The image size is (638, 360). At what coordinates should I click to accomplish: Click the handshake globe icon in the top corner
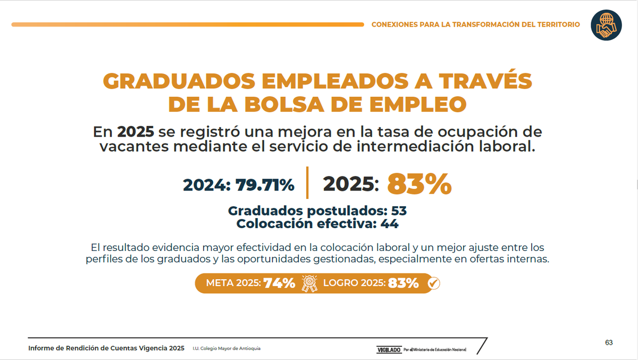click(x=606, y=24)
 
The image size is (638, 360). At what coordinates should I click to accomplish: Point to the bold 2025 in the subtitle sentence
click(x=136, y=132)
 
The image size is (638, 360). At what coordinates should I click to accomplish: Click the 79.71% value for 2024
click(x=265, y=185)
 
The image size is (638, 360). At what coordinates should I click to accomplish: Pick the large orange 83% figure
click(x=419, y=185)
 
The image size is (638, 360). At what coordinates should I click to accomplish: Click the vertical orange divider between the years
click(x=307, y=182)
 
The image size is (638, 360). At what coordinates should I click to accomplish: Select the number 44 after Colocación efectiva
click(x=389, y=224)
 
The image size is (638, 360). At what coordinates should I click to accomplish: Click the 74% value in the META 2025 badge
click(x=279, y=283)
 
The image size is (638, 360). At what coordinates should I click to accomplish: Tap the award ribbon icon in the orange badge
click(x=309, y=283)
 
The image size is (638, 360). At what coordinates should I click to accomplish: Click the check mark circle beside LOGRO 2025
click(x=433, y=283)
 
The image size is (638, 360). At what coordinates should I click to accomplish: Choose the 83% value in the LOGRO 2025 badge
click(x=403, y=283)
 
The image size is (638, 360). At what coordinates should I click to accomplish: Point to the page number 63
click(x=609, y=342)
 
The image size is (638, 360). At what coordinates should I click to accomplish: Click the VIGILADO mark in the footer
click(x=389, y=349)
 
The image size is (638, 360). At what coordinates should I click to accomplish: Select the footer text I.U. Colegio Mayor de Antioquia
click(x=226, y=348)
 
